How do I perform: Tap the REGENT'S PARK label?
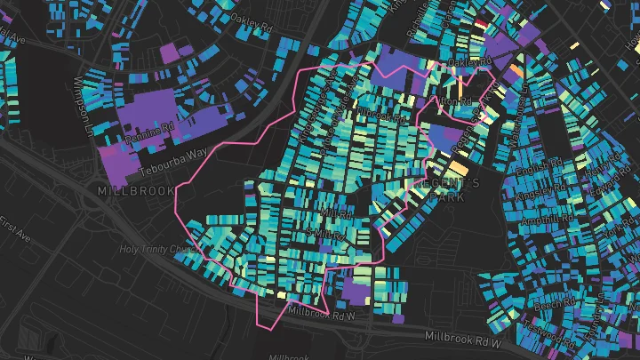[449, 190]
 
